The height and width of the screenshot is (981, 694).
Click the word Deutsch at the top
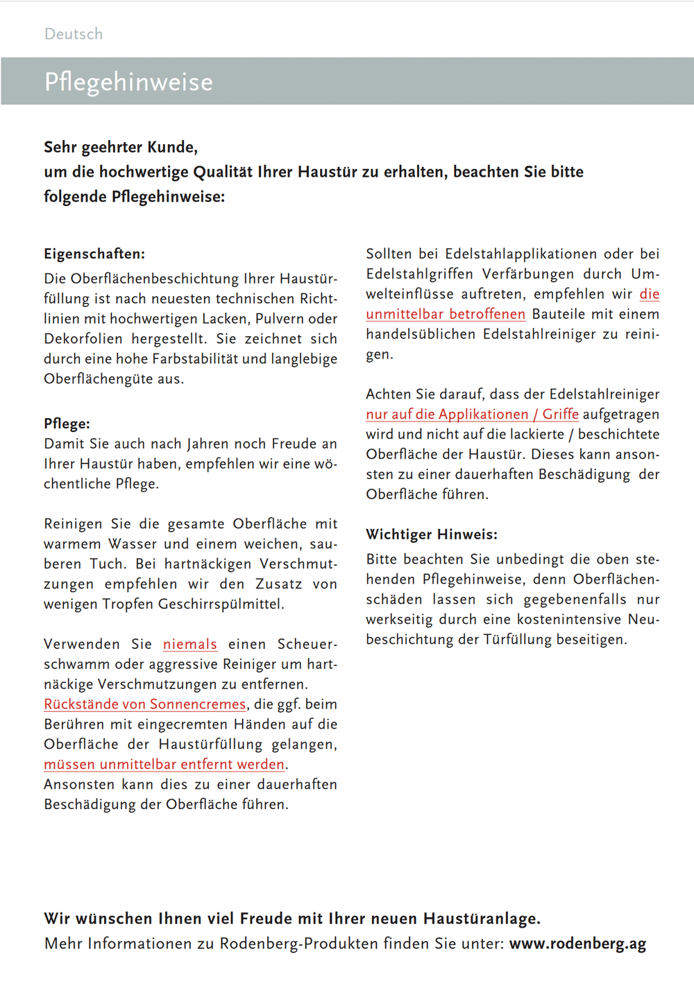point(74,34)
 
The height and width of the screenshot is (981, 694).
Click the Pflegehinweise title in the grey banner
point(128,82)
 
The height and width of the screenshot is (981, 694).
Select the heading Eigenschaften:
point(94,254)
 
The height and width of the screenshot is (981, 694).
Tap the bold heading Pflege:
point(67,424)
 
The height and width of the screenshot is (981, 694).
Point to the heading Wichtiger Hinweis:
point(432,535)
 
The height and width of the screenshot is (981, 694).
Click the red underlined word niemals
point(189,644)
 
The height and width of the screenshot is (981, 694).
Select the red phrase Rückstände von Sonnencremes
point(144,704)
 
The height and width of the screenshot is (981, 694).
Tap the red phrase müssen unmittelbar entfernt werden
point(164,765)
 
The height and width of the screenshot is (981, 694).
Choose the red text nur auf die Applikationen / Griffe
point(472,415)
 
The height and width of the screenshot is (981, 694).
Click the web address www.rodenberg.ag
point(577,944)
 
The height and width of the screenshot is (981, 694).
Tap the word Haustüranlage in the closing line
point(481,919)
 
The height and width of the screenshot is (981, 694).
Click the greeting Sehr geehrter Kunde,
point(121,147)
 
